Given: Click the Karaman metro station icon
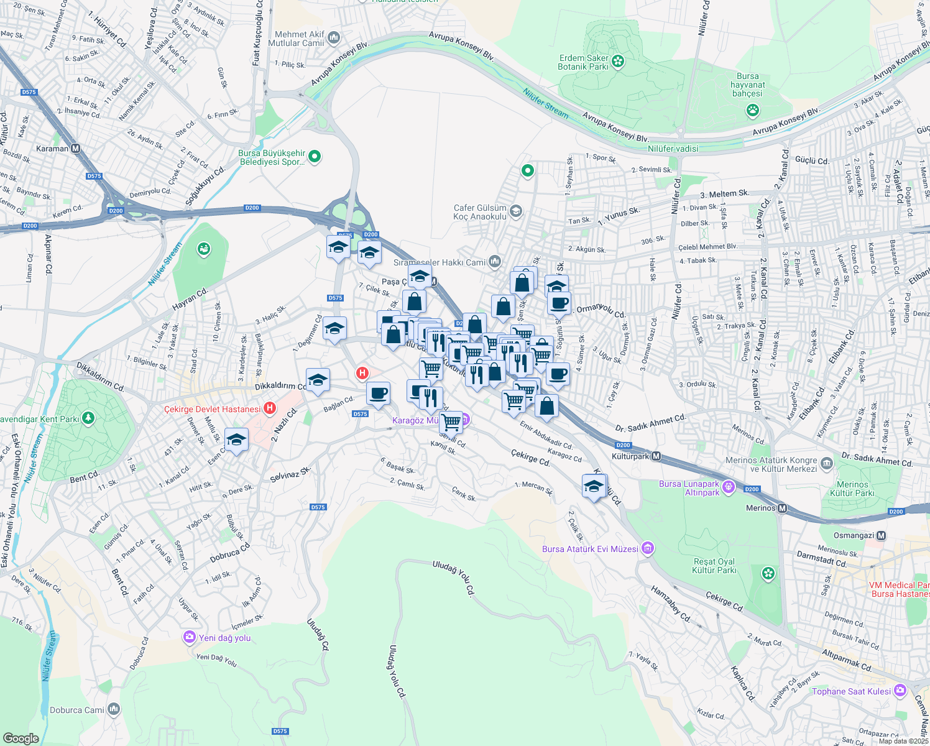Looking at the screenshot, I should (76, 149).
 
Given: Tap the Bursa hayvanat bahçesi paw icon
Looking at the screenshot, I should (753, 111).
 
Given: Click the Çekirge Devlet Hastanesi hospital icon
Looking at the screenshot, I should (269, 408).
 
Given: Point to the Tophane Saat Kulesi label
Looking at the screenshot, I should (851, 691).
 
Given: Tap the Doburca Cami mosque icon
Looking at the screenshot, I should (113, 709).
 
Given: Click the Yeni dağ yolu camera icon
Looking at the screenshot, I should (189, 638).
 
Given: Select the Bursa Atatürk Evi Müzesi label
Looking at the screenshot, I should (589, 549).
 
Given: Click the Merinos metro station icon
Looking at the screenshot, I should (783, 509).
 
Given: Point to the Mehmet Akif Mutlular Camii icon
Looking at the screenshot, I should (334, 38).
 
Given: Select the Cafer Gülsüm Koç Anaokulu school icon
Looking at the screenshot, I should (515, 212).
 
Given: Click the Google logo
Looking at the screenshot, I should (21, 738).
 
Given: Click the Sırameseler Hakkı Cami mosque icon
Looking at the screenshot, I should (495, 262).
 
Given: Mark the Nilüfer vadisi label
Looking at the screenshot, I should (673, 149).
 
